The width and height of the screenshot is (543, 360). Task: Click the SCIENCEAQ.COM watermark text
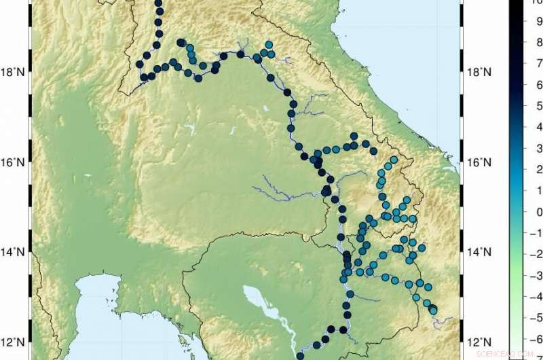click(x=506, y=354)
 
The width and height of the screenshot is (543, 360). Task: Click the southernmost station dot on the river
click(x=300, y=355)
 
